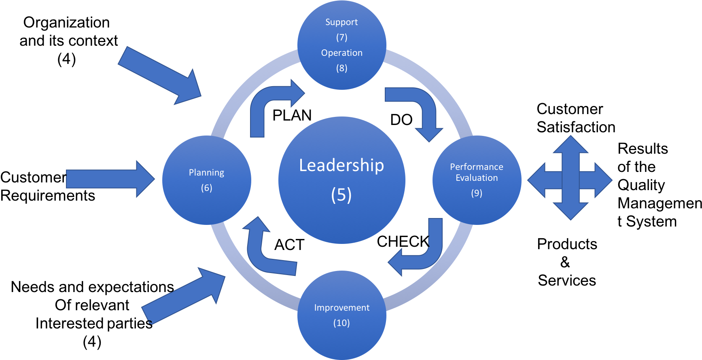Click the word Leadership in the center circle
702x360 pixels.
click(x=341, y=165)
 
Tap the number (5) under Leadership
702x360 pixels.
click(x=341, y=195)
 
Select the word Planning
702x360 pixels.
click(x=206, y=173)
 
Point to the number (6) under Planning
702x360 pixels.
click(x=206, y=188)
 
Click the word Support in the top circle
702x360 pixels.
click(x=341, y=22)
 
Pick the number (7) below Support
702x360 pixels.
click(x=341, y=38)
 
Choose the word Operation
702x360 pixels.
click(x=341, y=53)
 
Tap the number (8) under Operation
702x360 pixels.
click(x=341, y=68)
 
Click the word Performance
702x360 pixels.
click(x=477, y=167)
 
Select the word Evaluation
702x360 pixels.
click(x=477, y=178)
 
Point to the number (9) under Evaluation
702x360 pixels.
click(x=477, y=193)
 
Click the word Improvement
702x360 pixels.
click(x=341, y=308)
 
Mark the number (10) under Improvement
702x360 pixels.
click(x=341, y=323)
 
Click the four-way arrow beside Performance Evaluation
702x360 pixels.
click(x=570, y=178)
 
